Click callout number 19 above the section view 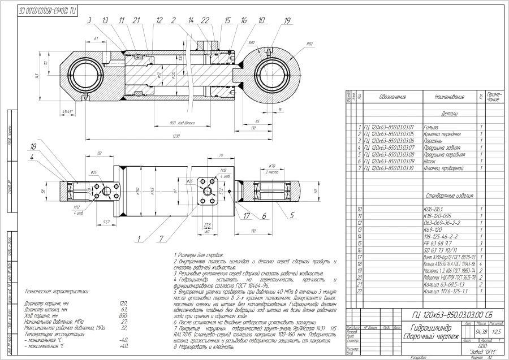click(287, 21)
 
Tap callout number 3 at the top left click(89, 21)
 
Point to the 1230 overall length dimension click(176, 137)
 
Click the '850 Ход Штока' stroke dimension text click(182, 123)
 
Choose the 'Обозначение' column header click(392, 97)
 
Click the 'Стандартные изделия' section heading click(448, 196)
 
